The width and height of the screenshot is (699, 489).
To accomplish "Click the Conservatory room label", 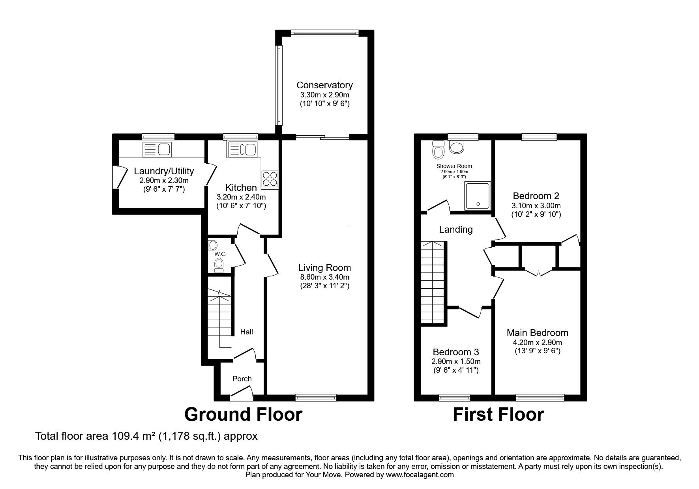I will click(324, 85).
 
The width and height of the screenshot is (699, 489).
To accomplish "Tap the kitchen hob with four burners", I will click(270, 180).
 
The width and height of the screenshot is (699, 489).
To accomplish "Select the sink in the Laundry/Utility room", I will click(157, 149).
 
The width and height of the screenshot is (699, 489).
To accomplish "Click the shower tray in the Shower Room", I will click(478, 196).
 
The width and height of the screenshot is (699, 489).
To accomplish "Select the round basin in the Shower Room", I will click(457, 148).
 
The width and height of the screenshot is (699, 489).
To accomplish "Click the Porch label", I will click(242, 379).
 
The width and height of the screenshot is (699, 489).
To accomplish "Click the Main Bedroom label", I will click(537, 333).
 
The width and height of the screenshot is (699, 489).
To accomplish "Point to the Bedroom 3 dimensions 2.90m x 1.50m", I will click(456, 362).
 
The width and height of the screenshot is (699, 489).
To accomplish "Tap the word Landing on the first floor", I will click(456, 230).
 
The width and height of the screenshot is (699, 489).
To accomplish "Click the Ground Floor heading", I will click(243, 414).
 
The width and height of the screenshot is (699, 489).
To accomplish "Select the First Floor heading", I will click(498, 414).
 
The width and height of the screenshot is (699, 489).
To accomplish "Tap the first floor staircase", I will click(433, 282).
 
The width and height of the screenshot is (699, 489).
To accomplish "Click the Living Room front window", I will click(315, 397).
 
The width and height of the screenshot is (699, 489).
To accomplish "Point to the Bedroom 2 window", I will click(539, 137).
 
